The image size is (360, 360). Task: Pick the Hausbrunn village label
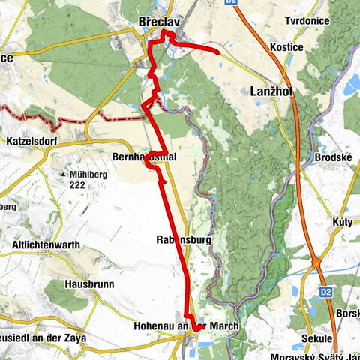89,286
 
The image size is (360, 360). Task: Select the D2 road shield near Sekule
325,291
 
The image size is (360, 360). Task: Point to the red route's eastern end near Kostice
217,52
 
